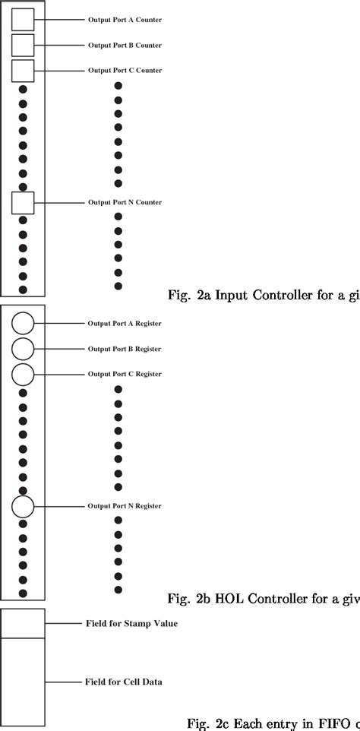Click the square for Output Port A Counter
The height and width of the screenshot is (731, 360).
pos(23,20)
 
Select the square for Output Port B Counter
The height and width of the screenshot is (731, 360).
pos(23,45)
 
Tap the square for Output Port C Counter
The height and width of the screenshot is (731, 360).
pos(23,71)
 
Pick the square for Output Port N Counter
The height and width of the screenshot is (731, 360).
pos(23,202)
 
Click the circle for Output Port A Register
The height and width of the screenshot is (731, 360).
pos(23,324)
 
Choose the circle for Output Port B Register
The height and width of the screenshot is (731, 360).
pos(23,349)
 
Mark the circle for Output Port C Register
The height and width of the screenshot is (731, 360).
pos(23,374)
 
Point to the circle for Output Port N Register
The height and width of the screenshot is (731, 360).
pos(23,506)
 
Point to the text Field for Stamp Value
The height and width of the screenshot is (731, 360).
pos(131,624)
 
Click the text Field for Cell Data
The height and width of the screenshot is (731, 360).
pos(124,682)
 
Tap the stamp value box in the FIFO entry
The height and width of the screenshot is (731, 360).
pos(23,623)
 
